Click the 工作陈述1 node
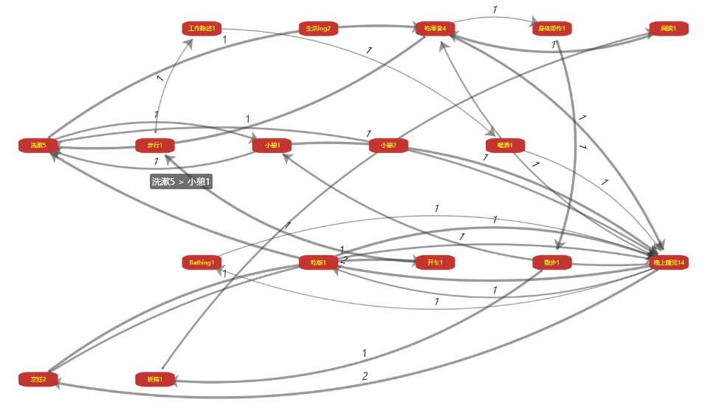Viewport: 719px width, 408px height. pyautogui.click(x=202, y=29)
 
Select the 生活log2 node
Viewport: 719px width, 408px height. pyautogui.click(x=318, y=29)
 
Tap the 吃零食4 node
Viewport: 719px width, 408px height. pyautogui.click(x=435, y=29)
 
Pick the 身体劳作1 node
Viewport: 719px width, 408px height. pyautogui.click(x=551, y=29)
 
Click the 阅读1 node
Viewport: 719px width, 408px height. pyautogui.click(x=669, y=29)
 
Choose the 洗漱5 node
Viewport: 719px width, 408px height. pyautogui.click(x=38, y=145)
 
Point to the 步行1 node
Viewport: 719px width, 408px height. pyautogui.click(x=154, y=145)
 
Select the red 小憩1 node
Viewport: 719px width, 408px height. pyautogui.click(x=271, y=145)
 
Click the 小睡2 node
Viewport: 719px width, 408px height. pyautogui.click(x=388, y=145)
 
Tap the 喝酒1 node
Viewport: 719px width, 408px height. pyautogui.click(x=505, y=145)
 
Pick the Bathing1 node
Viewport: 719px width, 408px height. pyautogui.click(x=202, y=262)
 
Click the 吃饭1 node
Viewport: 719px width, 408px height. pyautogui.click(x=318, y=262)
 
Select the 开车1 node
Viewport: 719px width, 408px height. pyautogui.click(x=435, y=262)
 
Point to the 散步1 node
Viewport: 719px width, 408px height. pyautogui.click(x=551, y=262)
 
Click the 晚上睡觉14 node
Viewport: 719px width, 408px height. pyautogui.click(x=669, y=262)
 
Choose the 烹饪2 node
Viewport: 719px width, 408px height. pyautogui.click(x=38, y=379)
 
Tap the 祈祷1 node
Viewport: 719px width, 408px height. pyautogui.click(x=154, y=379)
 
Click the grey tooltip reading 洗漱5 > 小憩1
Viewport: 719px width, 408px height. pyautogui.click(x=181, y=181)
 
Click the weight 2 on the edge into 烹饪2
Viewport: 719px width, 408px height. pyautogui.click(x=365, y=376)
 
